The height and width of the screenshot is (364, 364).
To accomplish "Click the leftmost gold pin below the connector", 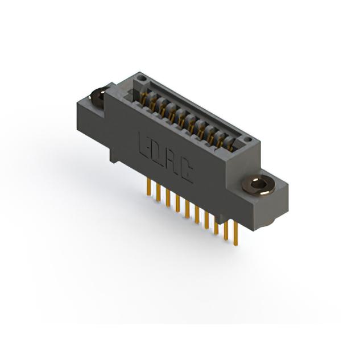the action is pyautogui.click(x=149, y=188).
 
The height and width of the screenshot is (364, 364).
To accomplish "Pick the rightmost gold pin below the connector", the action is pyautogui.click(x=235, y=233).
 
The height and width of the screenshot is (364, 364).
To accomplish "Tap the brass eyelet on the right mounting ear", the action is pyautogui.click(x=258, y=185).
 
